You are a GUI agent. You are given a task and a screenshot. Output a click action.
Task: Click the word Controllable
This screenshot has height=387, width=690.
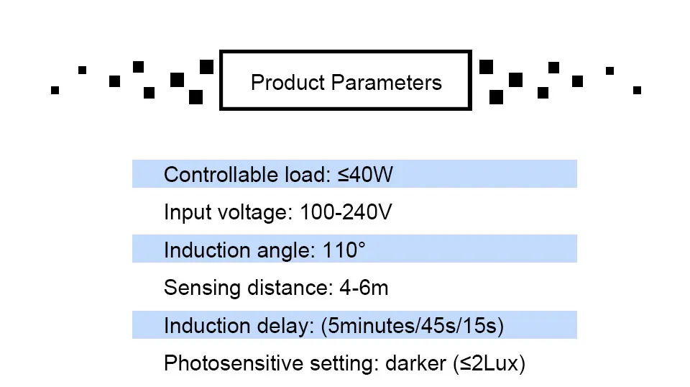[218, 175]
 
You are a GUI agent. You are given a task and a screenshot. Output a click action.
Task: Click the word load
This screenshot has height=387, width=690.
[304, 175]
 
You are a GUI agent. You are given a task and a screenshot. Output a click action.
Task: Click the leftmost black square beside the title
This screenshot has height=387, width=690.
[55, 90]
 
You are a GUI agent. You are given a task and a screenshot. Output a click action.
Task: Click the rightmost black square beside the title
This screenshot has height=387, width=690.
[637, 90]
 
